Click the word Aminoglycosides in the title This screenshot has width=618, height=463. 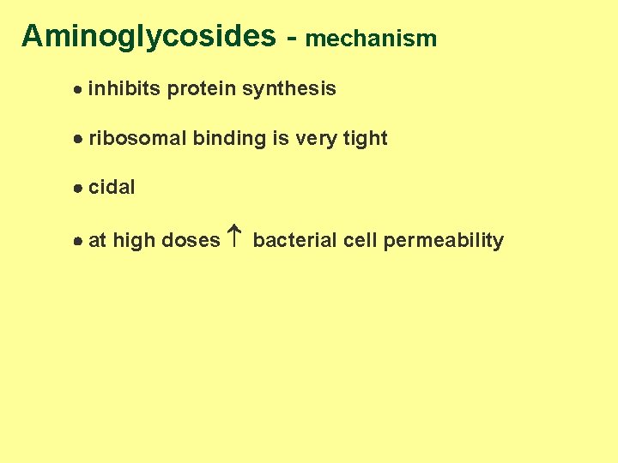pyautogui.click(x=148, y=37)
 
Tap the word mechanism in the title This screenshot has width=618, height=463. pyautogui.click(x=371, y=39)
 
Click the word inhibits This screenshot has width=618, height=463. pyautogui.click(x=124, y=88)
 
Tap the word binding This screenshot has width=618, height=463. pyautogui.click(x=229, y=139)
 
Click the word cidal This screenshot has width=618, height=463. pyautogui.click(x=112, y=188)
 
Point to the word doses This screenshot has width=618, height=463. pyautogui.click(x=191, y=241)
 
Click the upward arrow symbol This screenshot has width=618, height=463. pyautogui.click(x=236, y=238)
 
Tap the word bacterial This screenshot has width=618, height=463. pyautogui.click(x=295, y=241)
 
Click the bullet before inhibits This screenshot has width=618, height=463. pyautogui.click(x=77, y=89)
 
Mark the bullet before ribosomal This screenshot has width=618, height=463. pyautogui.click(x=77, y=139)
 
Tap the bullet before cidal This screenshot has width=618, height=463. pyautogui.click(x=77, y=189)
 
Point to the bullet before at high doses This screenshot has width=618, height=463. pyautogui.click(x=77, y=242)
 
